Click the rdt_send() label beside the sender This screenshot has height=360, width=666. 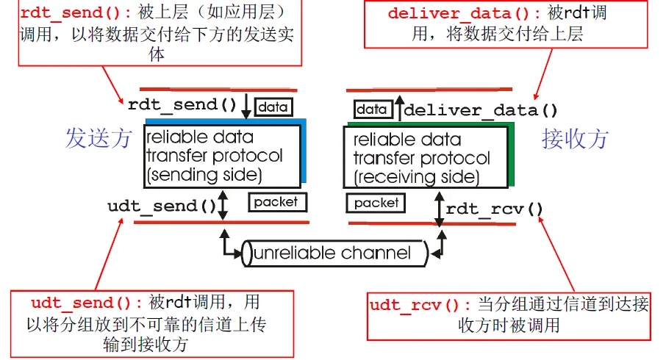pyautogui.click(x=182, y=105)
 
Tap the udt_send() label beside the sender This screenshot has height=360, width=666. pyautogui.click(x=162, y=206)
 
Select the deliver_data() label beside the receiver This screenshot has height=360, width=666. pyautogui.click(x=481, y=110)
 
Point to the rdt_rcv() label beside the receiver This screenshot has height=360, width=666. pyautogui.click(x=494, y=209)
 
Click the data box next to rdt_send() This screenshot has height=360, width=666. pyautogui.click(x=272, y=107)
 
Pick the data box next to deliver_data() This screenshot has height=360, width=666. pyautogui.click(x=371, y=109)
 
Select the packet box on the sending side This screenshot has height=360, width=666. pyautogui.click(x=276, y=201)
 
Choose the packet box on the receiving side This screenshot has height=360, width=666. pyautogui.click(x=376, y=202)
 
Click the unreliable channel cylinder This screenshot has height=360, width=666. pyautogui.click(x=334, y=253)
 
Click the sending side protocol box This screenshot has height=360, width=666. pyautogui.click(x=223, y=155)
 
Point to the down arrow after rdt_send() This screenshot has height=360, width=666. pyautogui.click(x=246, y=105)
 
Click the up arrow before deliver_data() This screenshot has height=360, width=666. pyautogui.click(x=398, y=109)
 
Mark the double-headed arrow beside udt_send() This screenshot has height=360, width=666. pyautogui.click(x=224, y=206)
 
